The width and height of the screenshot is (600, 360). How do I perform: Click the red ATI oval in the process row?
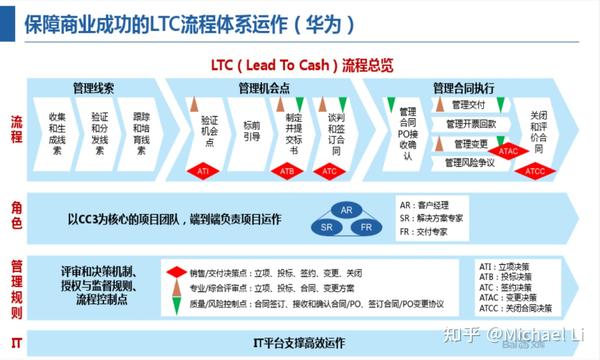pos(203,172)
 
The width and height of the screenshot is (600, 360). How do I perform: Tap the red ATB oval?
pos(287,172)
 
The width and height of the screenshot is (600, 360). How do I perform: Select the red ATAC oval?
pos(507,151)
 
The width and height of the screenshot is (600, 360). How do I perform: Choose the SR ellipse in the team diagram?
pos(325,229)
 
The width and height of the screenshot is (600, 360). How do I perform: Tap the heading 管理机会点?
pos(264,89)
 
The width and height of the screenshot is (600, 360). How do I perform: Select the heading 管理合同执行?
pos(464,89)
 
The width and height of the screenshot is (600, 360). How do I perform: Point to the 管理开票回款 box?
pos(471,124)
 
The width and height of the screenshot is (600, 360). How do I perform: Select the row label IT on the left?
pos(16,342)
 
